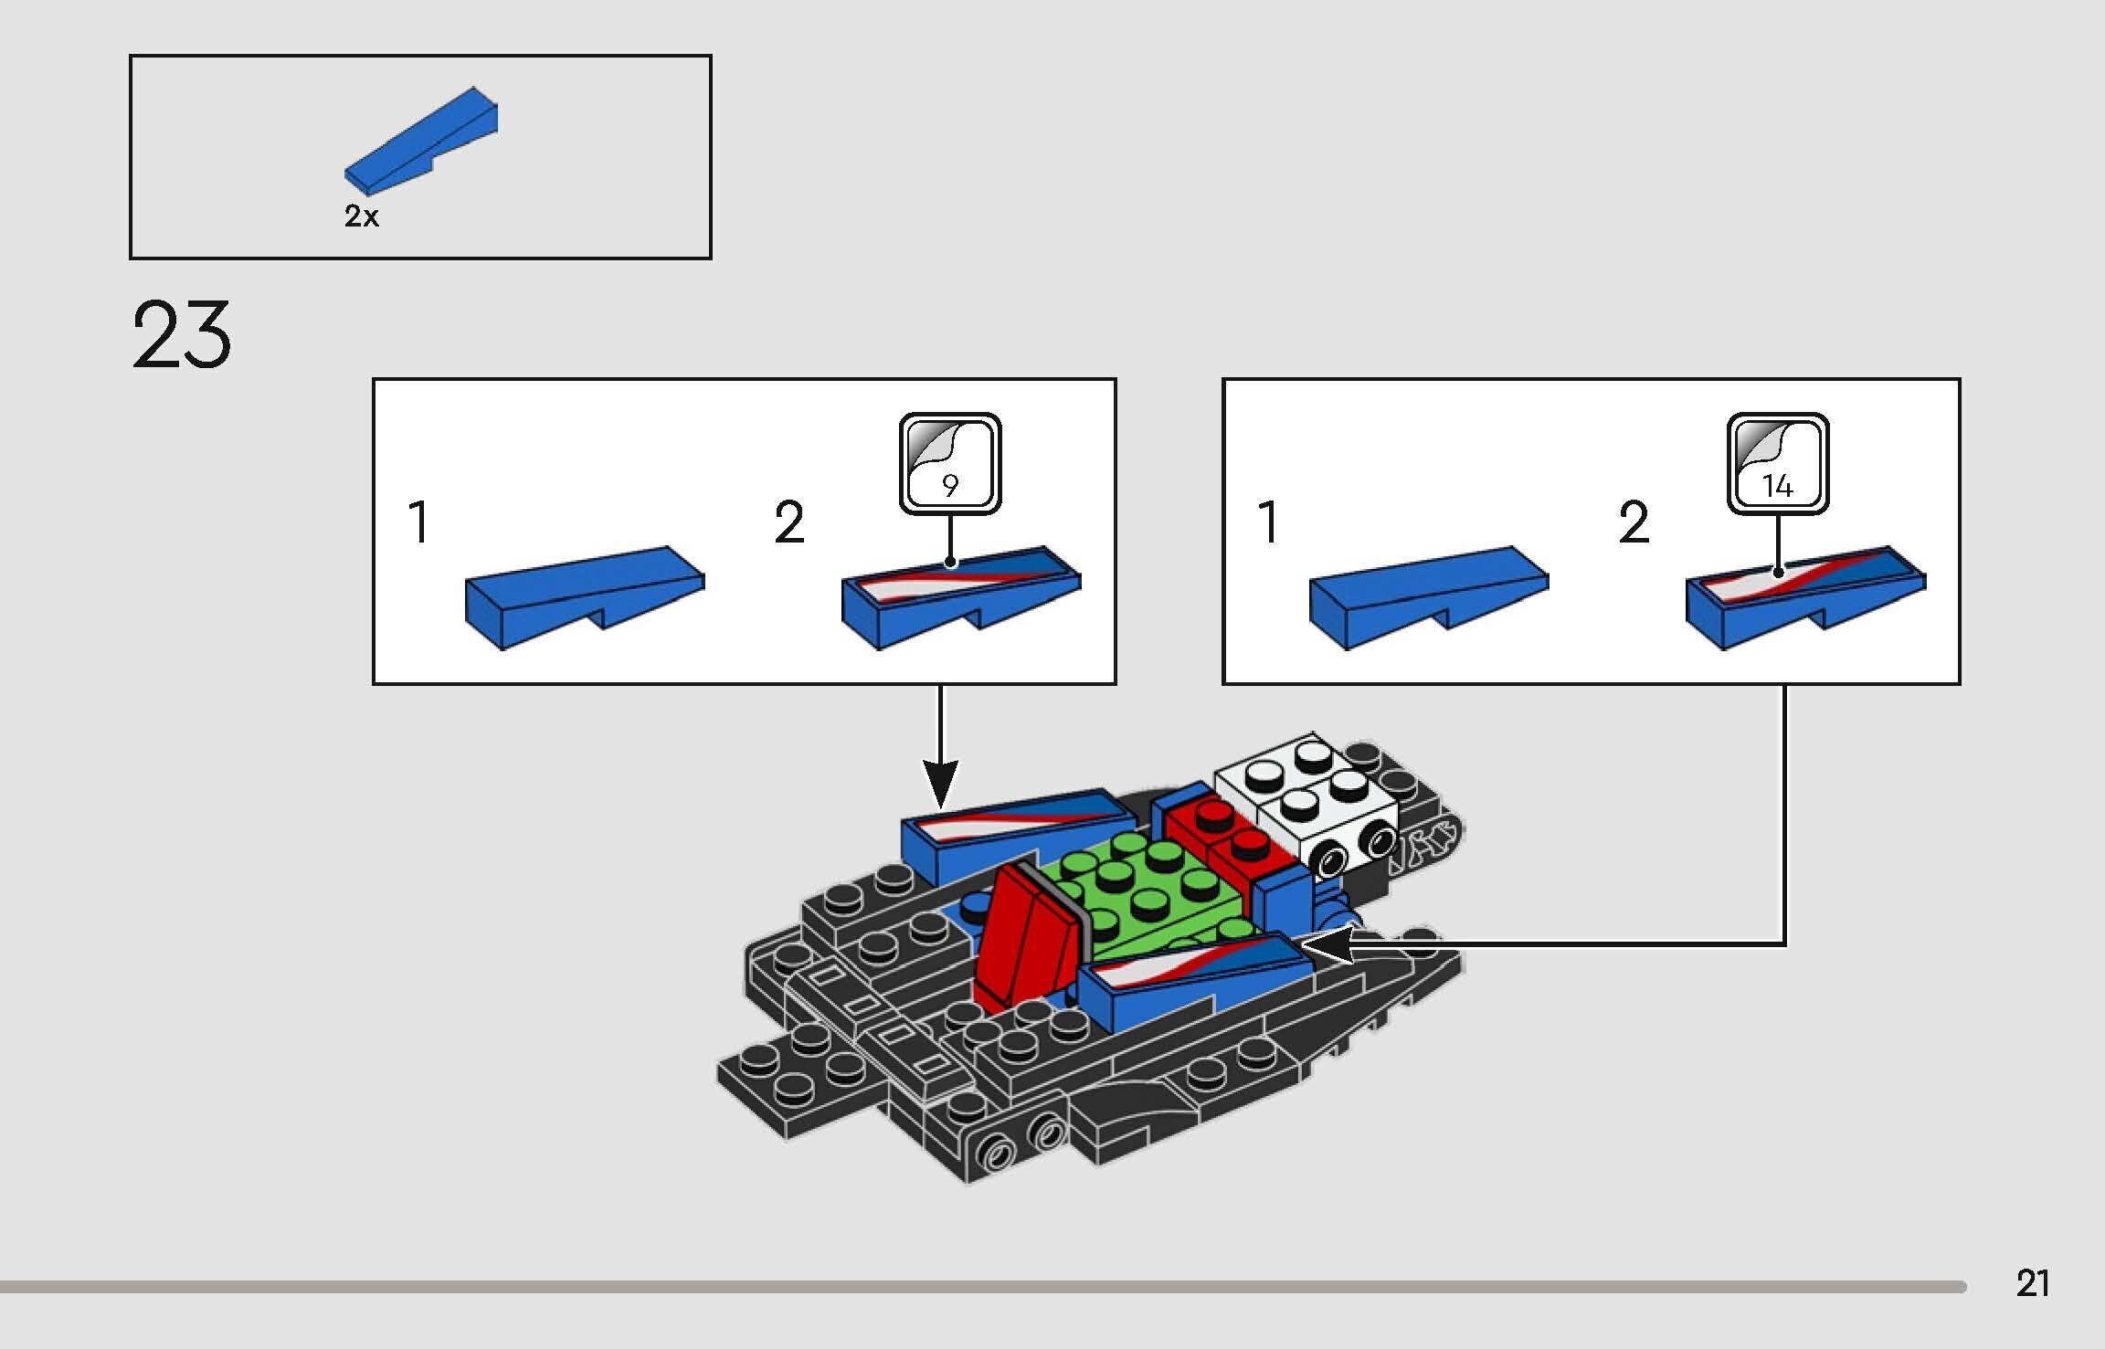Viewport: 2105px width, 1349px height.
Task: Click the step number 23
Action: coord(181,336)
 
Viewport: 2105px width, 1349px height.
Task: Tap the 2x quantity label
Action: coord(361,216)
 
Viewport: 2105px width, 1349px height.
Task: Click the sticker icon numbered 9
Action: coord(950,463)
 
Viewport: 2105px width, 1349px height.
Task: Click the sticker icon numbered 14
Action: coord(1777,463)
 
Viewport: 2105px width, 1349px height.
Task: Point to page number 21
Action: coord(2032,1283)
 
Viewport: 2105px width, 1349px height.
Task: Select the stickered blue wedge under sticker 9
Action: coord(959,595)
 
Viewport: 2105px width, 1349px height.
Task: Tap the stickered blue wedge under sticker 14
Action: coord(1804,595)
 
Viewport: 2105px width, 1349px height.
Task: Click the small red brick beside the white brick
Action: coord(1229,831)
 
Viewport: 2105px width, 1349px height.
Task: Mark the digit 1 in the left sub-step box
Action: coord(418,522)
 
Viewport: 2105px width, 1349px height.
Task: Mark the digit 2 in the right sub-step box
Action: coord(1634,522)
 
